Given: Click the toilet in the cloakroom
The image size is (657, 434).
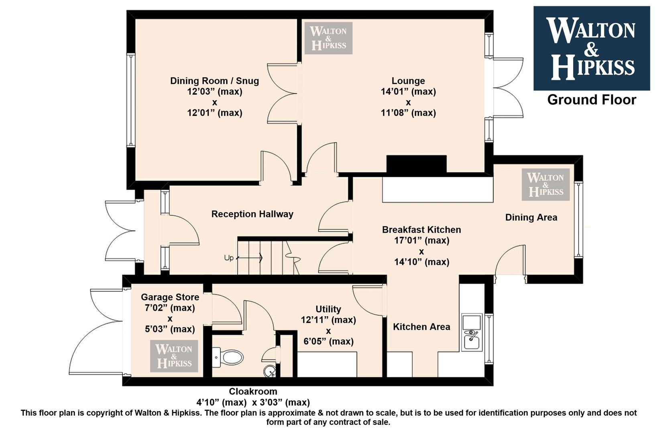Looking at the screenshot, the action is click(229, 357).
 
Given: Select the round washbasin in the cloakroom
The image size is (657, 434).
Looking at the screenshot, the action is click(270, 371).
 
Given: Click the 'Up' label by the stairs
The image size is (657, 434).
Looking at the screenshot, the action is click(229, 258).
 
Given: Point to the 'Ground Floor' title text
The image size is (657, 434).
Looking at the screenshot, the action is click(592, 100).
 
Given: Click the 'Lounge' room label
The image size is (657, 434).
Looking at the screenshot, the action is click(408, 81).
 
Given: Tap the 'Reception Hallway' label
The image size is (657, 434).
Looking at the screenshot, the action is click(252, 214).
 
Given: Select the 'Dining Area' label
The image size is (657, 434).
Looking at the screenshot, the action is click(531, 217).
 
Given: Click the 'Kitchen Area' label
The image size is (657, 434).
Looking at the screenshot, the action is click(421, 327).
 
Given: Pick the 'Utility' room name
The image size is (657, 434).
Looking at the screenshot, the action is click(328, 309).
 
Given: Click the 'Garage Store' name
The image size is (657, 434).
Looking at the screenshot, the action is click(170, 297).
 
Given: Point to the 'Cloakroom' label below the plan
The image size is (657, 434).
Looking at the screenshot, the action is click(253, 391).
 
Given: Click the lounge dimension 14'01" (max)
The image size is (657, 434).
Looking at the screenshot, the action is click(408, 92).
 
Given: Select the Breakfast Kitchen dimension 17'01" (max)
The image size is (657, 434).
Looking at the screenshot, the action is click(421, 240).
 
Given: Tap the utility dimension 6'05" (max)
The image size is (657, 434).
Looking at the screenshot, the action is click(328, 341).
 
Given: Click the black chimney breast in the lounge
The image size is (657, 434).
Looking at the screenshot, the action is click(417, 164).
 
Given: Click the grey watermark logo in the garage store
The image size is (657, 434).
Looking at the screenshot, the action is click(174, 356).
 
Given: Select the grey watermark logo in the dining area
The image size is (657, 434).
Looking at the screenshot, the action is click(545, 185).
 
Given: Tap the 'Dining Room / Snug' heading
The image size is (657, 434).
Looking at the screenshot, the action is click(215, 81).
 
